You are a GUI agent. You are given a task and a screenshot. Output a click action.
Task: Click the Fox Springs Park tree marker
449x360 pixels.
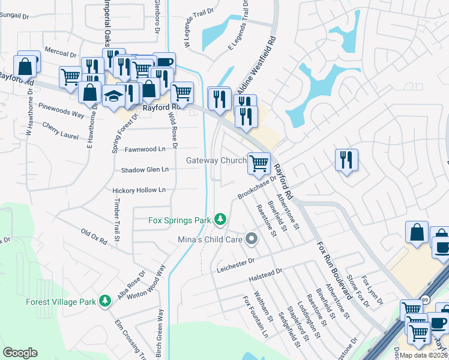click(221, 220)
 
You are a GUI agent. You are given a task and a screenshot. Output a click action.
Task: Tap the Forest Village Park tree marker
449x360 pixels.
click(106, 300)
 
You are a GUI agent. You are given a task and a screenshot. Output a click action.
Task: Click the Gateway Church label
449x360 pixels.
click(216, 160)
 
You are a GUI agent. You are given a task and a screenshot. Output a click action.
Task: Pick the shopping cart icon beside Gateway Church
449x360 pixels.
click(259, 163)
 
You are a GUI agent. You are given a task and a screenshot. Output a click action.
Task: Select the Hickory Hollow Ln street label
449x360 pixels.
click(139, 190)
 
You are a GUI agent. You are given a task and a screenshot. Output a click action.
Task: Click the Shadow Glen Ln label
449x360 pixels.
click(145, 170)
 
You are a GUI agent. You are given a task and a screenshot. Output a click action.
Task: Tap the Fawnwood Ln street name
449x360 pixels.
click(145, 149)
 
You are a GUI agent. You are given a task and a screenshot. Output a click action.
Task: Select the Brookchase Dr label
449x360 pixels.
click(256, 187)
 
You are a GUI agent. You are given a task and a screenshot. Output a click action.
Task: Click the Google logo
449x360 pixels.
click(20, 353)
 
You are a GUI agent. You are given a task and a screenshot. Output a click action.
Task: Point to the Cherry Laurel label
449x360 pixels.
click(60, 131)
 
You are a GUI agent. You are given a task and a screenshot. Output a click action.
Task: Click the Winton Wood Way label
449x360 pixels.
click(145, 283)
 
